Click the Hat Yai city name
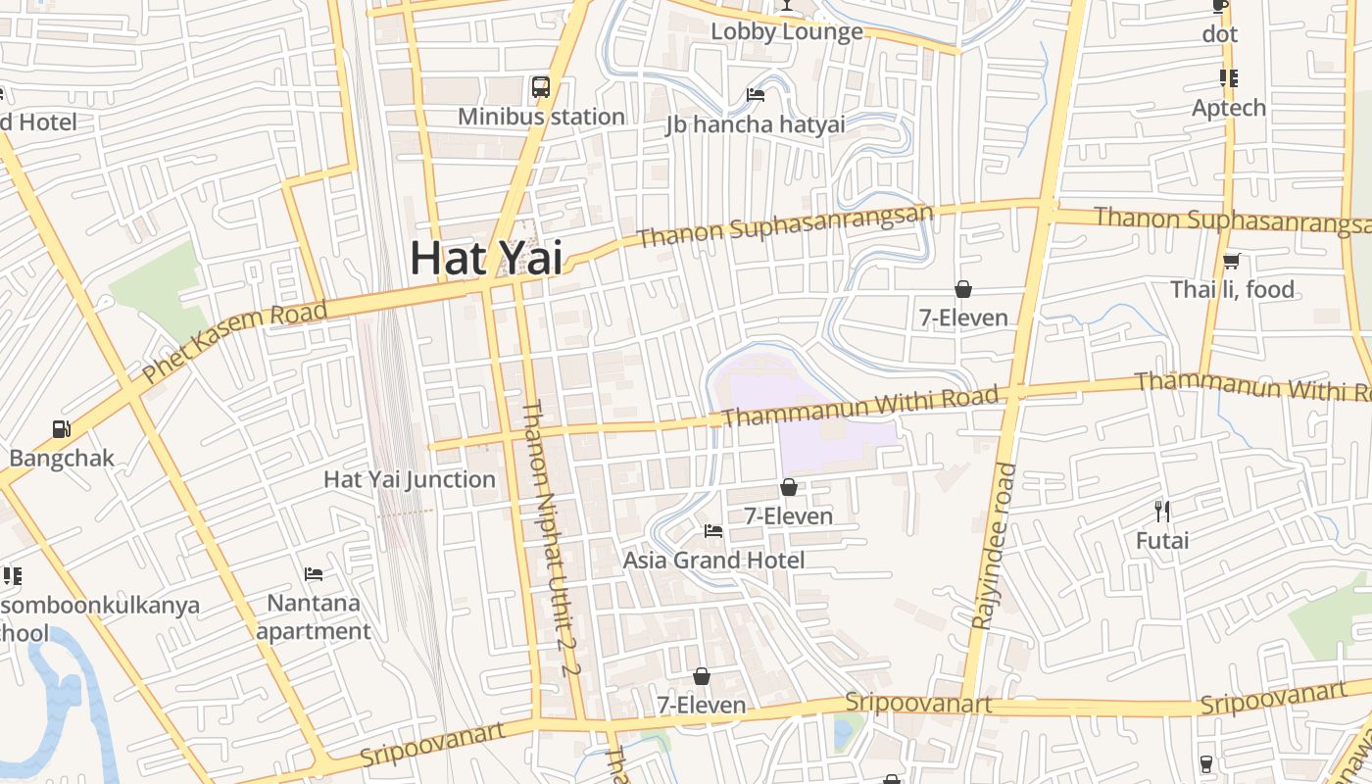(x=486, y=258)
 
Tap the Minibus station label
(x=541, y=117)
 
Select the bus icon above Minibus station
(x=541, y=87)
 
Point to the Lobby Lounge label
(x=787, y=31)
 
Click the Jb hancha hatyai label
(x=755, y=124)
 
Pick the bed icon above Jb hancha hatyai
(x=756, y=95)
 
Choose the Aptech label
(x=1229, y=108)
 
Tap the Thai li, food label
(x=1233, y=289)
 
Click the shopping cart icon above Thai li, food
(x=1232, y=261)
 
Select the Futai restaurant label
(x=1162, y=540)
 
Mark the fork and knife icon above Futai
(x=1162, y=511)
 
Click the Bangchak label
(x=62, y=458)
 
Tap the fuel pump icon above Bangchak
(x=61, y=429)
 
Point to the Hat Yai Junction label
(x=410, y=479)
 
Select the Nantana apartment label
(x=314, y=616)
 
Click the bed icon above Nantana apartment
(x=314, y=573)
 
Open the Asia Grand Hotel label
(x=713, y=560)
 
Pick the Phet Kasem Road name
(x=234, y=342)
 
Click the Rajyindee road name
(x=992, y=545)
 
